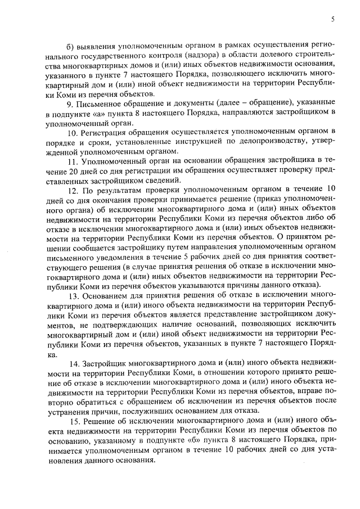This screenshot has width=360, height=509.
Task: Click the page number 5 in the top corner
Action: click(333, 19)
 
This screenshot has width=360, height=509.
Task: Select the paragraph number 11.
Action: click(71, 162)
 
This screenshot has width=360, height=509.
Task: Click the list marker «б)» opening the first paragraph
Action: click(69, 44)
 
